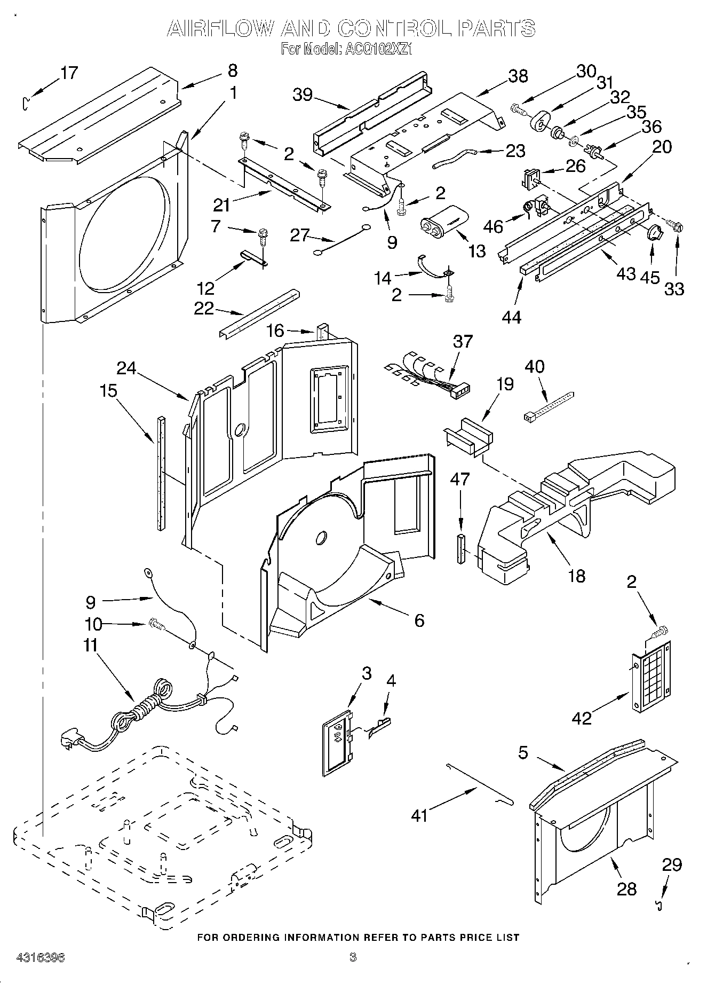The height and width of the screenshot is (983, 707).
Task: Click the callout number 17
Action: tap(69, 72)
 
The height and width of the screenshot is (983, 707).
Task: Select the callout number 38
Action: tap(518, 76)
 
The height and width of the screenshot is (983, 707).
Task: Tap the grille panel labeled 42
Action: tap(652, 678)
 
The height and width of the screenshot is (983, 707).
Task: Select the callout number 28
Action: tap(626, 888)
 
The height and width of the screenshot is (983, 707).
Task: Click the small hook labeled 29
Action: tap(660, 905)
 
